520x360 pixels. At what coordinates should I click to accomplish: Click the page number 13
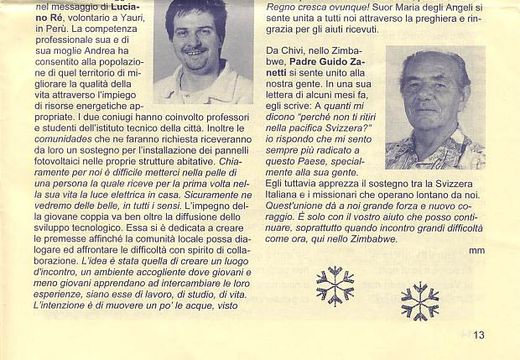[x=479, y=336]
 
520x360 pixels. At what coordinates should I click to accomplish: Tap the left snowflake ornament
[x=335, y=285]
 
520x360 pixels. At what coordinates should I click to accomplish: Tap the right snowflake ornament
[x=419, y=301]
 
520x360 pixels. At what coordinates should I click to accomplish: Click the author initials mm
[x=476, y=250]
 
